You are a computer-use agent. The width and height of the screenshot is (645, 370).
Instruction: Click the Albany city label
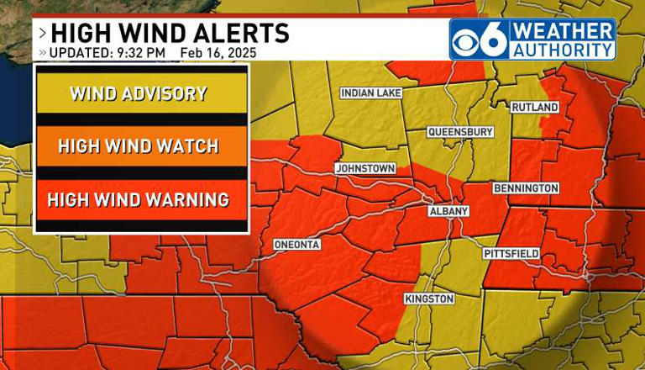[x=448, y=211]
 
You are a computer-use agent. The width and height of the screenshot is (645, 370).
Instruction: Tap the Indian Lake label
[x=370, y=92]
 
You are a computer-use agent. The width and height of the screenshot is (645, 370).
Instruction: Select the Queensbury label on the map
[x=459, y=132]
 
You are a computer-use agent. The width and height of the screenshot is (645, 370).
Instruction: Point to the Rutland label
[x=535, y=108]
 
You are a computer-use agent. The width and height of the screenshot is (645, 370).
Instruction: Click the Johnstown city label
[x=364, y=168]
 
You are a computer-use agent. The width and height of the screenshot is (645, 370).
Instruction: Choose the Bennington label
[x=526, y=188]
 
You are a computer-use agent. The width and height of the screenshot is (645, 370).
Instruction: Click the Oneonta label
[x=296, y=245]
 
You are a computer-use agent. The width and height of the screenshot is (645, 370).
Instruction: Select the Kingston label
[x=428, y=299]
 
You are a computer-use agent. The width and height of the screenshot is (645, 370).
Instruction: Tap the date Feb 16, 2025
[x=218, y=53]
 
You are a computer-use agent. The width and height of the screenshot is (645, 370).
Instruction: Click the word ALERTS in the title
[x=238, y=33]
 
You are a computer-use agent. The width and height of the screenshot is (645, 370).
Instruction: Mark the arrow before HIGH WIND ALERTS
[x=42, y=34]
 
